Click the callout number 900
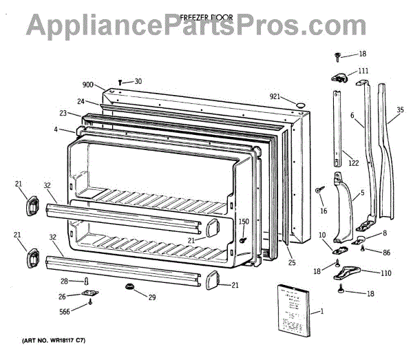(x=87, y=85)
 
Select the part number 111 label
(x=363, y=71)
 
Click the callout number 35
(x=400, y=108)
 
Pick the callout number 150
(x=243, y=221)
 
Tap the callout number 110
(x=385, y=273)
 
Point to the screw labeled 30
(x=120, y=83)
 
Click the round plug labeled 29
(x=128, y=286)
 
